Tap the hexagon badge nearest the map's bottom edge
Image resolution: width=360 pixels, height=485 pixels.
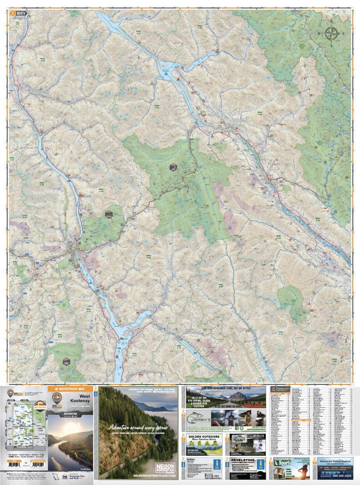66,361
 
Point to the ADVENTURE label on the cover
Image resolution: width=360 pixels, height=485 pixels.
70,414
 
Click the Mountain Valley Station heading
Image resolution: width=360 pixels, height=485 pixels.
335,461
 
